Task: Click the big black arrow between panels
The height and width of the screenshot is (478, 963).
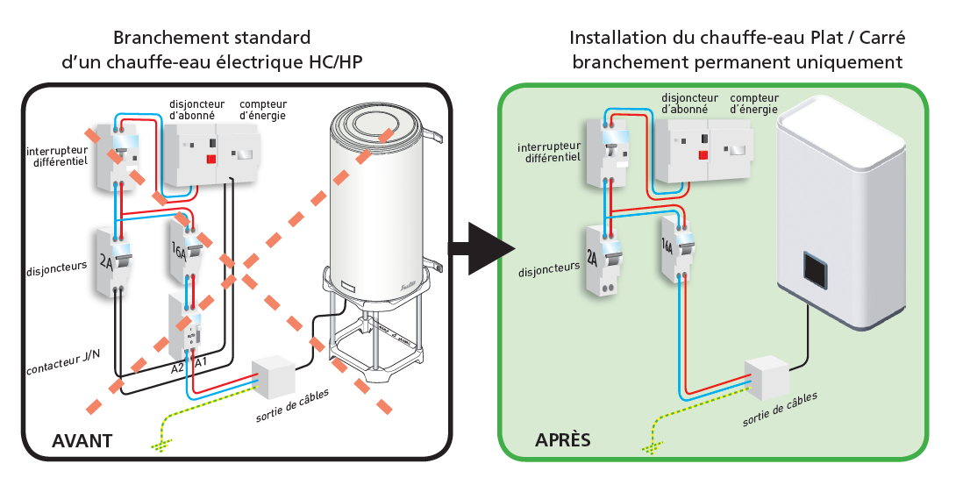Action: click(x=481, y=248)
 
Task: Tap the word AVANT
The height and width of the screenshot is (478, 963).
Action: click(x=82, y=440)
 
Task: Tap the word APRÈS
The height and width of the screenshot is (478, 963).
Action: click(x=563, y=439)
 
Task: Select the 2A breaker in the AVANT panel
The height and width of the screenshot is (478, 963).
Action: click(x=114, y=261)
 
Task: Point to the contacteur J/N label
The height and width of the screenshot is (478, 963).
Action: click(x=62, y=353)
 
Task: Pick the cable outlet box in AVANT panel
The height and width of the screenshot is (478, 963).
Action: click(x=273, y=377)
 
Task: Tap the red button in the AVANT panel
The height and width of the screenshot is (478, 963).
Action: click(x=210, y=159)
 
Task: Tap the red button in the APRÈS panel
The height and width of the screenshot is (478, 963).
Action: click(x=703, y=156)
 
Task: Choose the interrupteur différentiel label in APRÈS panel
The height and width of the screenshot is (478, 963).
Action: click(x=551, y=153)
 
